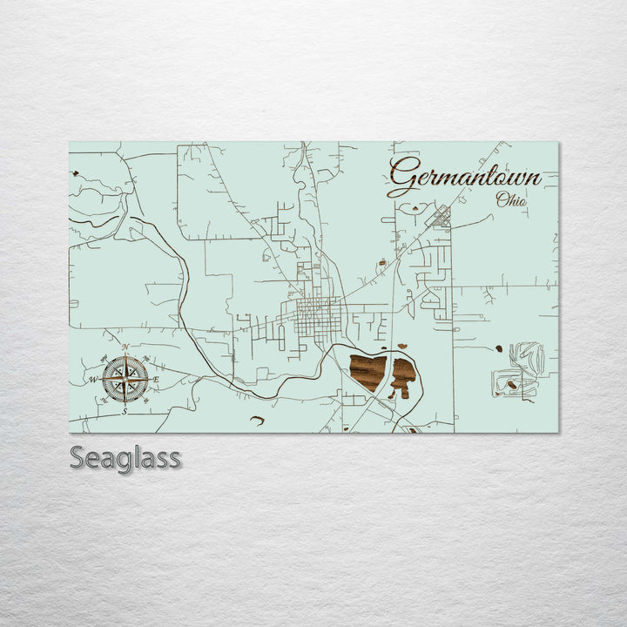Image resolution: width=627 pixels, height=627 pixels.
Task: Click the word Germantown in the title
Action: (464, 177)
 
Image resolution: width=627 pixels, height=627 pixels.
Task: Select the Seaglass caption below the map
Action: (125, 458)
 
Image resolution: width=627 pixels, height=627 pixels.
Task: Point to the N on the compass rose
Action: (125, 347)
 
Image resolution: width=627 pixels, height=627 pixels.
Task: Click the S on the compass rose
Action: (125, 410)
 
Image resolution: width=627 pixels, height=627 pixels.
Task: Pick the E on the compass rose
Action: (156, 379)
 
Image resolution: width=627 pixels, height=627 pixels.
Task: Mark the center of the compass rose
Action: (125, 379)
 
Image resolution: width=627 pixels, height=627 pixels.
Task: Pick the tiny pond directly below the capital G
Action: (413, 209)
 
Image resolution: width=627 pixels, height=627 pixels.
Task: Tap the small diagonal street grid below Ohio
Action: (442, 216)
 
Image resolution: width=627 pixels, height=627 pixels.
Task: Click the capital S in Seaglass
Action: (78, 458)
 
